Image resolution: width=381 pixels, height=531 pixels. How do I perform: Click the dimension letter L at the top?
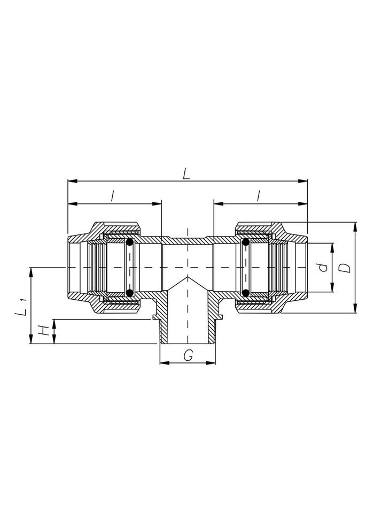tap(186, 174)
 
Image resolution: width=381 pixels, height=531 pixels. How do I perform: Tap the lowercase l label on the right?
tap(259, 196)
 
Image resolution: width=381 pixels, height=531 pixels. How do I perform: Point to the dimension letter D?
tap(345, 268)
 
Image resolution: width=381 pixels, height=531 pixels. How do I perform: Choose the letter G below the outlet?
tap(188, 355)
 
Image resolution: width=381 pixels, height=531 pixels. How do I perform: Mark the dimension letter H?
tap(43, 330)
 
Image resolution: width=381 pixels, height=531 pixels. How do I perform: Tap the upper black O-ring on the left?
tap(129, 242)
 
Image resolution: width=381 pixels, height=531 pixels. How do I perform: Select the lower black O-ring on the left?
tap(129, 293)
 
